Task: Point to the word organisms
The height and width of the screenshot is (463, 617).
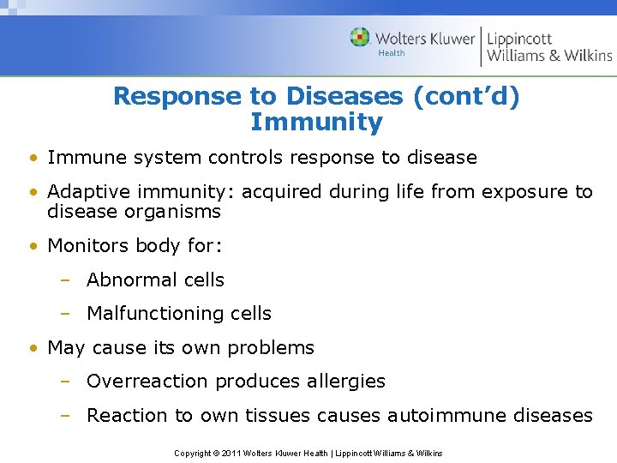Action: coord(174,212)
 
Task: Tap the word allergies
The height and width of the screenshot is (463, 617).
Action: coord(341,382)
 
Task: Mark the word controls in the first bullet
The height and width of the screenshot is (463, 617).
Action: coord(243,158)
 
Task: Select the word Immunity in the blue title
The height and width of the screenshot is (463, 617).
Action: coord(316,123)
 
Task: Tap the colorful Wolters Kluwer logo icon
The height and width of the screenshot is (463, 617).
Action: coord(360,38)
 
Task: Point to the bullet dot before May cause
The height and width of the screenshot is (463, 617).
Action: coord(32,349)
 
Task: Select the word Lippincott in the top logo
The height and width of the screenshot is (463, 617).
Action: coord(520,39)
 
